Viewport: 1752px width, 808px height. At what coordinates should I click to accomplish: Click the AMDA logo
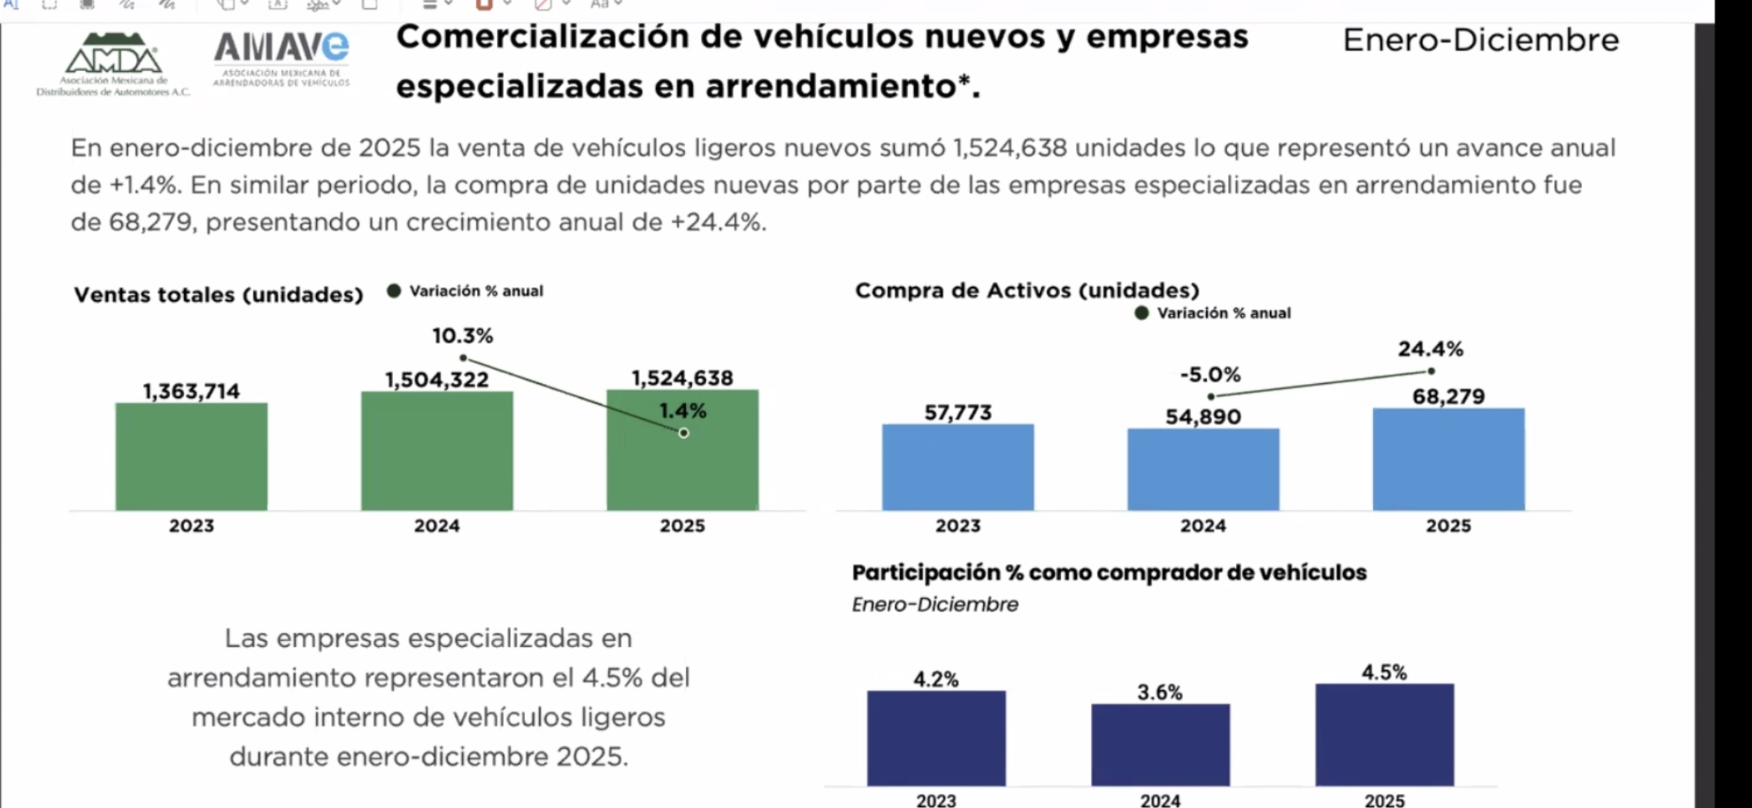coord(112,64)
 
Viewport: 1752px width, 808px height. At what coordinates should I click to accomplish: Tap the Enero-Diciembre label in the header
coord(1480,40)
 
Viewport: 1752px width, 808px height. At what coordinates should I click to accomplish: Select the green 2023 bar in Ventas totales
coord(191,456)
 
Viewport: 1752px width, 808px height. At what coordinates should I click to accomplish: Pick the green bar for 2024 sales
coord(437,450)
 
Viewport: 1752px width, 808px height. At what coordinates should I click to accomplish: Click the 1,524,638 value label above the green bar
coord(682,378)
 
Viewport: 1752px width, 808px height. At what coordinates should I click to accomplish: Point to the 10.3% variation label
coord(462,336)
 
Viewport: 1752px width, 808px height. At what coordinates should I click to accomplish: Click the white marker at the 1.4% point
coord(684,433)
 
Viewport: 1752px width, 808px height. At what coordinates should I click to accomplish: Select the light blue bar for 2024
coord(1203,469)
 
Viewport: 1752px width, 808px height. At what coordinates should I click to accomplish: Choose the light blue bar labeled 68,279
coord(1448,459)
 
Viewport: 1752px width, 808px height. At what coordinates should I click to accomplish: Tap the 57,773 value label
coord(958,412)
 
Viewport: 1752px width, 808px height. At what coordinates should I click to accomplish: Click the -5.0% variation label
coord(1210,374)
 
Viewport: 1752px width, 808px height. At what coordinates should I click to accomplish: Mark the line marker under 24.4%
coord(1431,371)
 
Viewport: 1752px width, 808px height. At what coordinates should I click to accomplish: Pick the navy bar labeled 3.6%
coord(1160,744)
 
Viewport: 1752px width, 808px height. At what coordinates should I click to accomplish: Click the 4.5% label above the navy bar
coord(1384,672)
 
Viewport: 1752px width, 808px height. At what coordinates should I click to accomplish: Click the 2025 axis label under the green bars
coord(682,526)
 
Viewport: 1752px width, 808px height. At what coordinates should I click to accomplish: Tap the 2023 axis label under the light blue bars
coord(958,526)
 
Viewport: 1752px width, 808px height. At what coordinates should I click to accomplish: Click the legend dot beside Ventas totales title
coord(394,291)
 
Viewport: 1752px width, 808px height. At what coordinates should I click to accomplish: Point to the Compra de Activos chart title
coord(1026,290)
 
